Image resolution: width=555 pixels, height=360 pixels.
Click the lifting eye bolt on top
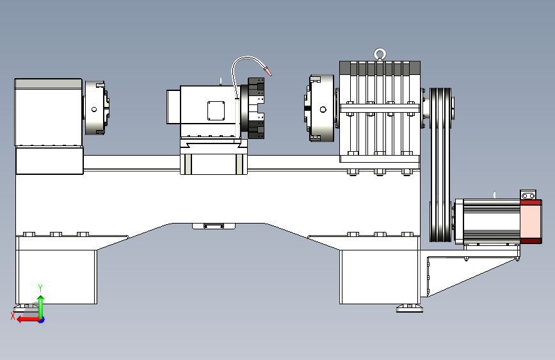(380, 53)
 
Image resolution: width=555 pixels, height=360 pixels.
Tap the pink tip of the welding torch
(268, 71)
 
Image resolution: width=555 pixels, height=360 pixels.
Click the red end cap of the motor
(531, 222)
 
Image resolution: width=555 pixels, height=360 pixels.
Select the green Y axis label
(40, 288)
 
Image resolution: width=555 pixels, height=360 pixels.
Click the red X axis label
(13, 316)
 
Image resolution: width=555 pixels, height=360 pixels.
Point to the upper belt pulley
(440, 108)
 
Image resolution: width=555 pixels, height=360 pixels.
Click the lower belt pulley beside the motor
(440, 222)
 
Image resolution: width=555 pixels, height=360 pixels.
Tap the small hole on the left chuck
(94, 110)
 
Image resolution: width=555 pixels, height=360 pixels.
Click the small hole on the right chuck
(323, 110)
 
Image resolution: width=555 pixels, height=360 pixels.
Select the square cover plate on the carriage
(216, 111)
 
